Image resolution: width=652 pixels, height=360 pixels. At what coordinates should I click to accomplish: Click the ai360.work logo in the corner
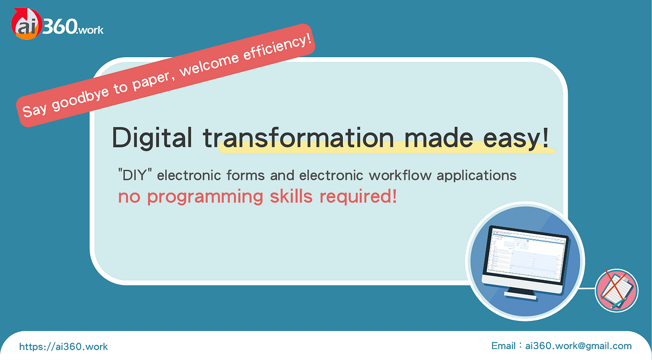pos(57,24)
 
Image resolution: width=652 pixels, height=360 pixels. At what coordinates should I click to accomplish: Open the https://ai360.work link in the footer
pos(64,346)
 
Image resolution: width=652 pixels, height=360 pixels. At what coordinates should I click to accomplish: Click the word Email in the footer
pos(503,346)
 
